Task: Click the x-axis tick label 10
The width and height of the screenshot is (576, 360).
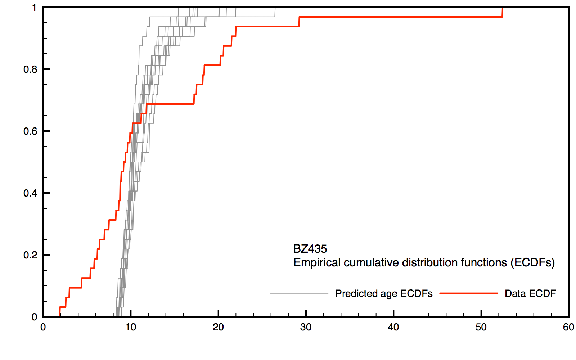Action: click(131, 327)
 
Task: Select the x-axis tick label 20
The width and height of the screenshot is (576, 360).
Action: click(218, 327)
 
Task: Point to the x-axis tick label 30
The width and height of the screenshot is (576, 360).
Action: click(306, 327)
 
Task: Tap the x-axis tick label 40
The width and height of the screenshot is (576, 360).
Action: click(393, 327)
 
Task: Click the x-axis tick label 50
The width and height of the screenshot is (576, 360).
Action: click(481, 327)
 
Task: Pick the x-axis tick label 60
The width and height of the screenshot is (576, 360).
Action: click(568, 327)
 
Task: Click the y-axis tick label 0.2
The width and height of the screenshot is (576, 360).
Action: click(30, 255)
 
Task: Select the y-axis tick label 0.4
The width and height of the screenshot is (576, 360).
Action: click(30, 193)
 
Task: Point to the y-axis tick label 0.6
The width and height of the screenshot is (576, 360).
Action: click(30, 131)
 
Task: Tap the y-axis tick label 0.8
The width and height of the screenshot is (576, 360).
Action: click(30, 69)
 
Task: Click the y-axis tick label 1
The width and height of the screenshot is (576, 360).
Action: click(35, 8)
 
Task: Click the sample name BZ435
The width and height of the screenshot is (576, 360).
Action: click(310, 249)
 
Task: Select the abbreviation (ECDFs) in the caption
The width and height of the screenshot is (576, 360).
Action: click(532, 262)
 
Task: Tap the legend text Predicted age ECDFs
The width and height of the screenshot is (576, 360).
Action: click(384, 294)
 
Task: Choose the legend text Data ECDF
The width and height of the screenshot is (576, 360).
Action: click(530, 294)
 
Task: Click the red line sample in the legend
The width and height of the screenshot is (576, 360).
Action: click(469, 293)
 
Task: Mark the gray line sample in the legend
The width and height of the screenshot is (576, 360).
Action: click(299, 293)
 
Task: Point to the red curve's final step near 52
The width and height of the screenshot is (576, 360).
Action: click(502, 12)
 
